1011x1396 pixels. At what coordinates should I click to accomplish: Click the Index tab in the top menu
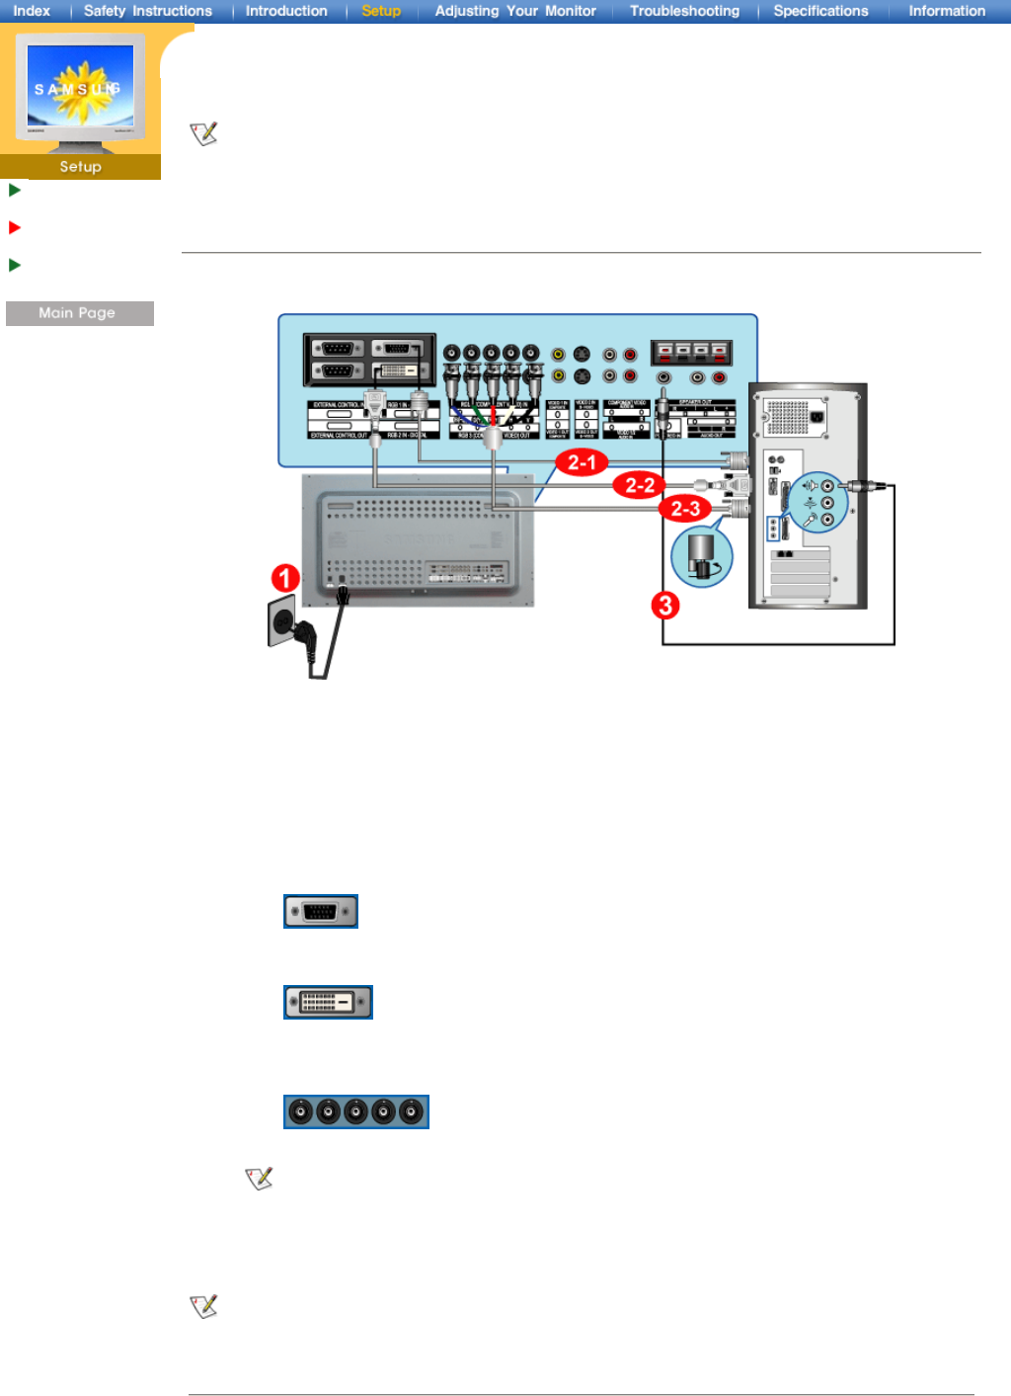coord(32,11)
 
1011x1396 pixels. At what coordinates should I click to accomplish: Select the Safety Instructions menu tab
coord(148,11)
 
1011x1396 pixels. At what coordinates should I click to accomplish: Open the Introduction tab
coord(286,11)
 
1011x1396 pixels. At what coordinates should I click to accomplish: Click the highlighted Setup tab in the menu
coord(381,11)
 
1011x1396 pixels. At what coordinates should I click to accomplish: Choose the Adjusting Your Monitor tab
coord(515,11)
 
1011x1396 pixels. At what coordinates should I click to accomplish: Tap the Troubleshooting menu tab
coord(684,11)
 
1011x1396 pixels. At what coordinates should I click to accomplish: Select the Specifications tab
coord(820,11)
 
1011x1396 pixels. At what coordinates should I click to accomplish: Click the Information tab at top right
coord(947,11)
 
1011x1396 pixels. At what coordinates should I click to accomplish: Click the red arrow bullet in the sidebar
coord(15,227)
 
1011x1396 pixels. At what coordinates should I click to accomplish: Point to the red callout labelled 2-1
coord(582,461)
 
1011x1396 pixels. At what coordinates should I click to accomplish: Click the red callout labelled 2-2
coord(639,485)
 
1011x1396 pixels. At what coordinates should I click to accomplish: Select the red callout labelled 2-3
coord(685,509)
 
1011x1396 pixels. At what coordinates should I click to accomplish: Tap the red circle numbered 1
coord(285,578)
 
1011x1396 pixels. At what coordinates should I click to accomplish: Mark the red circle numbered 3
coord(665,605)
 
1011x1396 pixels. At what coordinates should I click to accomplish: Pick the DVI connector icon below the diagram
coord(328,1002)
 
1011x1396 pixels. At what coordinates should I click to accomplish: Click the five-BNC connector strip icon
coord(356,1111)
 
